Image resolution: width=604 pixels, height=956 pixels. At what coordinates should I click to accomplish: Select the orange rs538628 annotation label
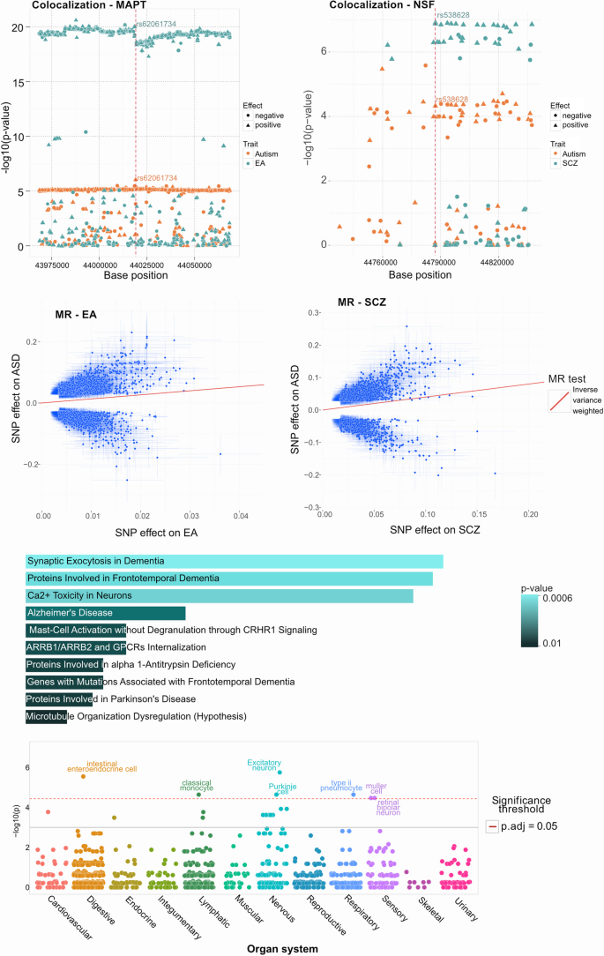click(452, 100)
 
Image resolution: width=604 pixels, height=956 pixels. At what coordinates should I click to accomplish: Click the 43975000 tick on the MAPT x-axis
click(55, 264)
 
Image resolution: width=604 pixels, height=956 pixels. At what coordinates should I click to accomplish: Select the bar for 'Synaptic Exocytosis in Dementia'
click(235, 561)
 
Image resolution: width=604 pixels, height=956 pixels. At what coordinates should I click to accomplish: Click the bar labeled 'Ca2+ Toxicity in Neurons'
click(220, 596)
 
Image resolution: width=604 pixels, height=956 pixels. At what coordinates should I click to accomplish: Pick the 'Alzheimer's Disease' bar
click(106, 613)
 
